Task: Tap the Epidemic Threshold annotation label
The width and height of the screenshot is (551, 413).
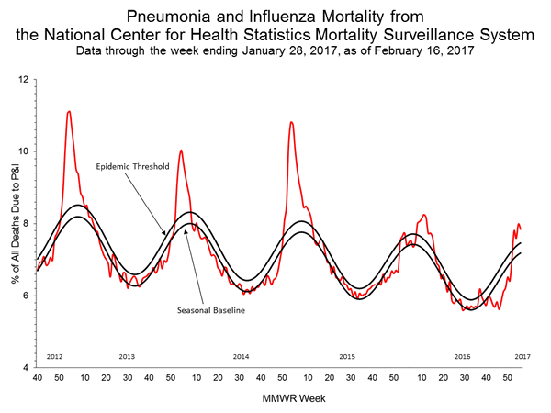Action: pos(131,168)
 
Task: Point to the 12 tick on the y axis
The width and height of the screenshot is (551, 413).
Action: pos(23,80)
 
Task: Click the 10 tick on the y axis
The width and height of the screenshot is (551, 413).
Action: pos(23,151)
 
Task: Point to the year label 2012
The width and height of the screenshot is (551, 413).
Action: pos(54,355)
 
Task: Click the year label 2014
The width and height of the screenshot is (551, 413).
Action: pos(241,355)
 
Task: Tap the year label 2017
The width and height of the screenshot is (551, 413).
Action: pos(521,355)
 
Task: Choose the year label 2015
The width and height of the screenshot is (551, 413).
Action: pos(347,355)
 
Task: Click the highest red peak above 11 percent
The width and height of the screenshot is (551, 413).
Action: pos(69,112)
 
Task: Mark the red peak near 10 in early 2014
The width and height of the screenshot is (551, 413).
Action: pos(181,150)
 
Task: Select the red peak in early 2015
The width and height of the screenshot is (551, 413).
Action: pos(291,122)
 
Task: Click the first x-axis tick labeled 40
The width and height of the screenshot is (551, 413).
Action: pos(37,376)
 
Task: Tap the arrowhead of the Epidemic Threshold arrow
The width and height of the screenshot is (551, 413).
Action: pos(166,234)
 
